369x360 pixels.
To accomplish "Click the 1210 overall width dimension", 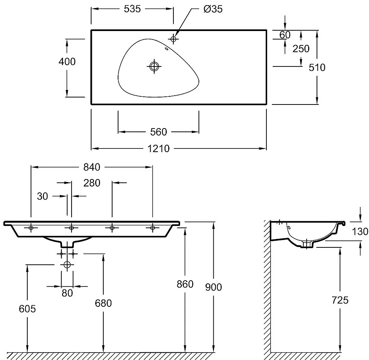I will point(159,148).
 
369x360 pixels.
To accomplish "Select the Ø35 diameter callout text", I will point(213,9).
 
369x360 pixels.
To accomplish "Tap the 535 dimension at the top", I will point(132,9).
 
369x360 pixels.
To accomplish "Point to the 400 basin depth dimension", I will point(67,61).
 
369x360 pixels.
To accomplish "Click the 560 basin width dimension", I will point(159,131).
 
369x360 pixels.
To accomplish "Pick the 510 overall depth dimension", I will point(317,67).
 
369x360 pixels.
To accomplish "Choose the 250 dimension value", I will point(301,49).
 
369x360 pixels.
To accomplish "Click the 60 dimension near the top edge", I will point(285,35).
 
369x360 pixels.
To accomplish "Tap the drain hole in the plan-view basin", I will point(154,66).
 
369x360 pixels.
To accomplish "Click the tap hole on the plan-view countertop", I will point(173,38).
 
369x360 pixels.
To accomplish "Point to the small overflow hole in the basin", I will point(166,48).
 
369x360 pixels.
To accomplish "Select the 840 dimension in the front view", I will point(92,167).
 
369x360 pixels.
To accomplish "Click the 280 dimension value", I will point(92,183).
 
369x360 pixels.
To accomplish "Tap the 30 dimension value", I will point(42,196).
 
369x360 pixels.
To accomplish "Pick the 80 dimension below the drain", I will point(67,293).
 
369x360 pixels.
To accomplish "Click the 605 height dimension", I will point(28,309).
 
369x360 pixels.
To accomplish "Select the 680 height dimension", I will point(103,304).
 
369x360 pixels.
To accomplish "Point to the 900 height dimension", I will point(214,287).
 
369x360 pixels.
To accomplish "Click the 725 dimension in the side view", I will point(340,300).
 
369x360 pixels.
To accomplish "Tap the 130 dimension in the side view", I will point(360,232).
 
